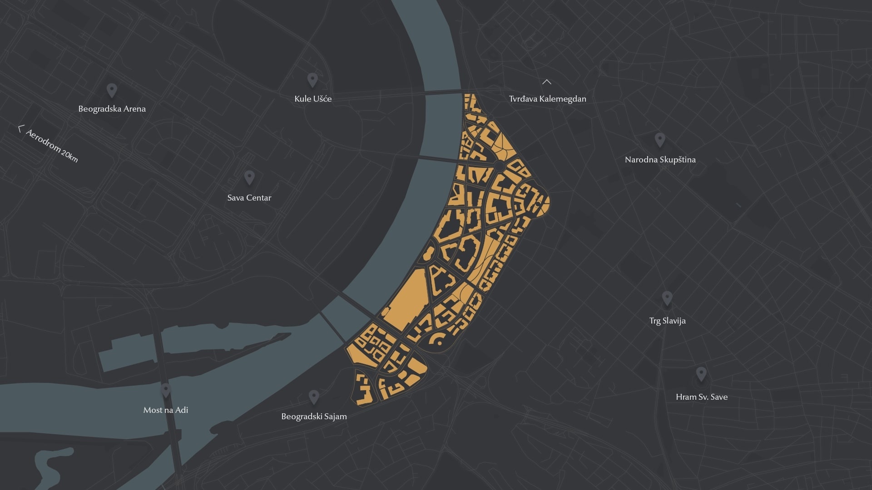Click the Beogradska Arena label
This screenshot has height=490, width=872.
click(x=112, y=109)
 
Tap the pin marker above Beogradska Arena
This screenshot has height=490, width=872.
click(x=112, y=90)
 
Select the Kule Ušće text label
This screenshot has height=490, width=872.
click(x=313, y=99)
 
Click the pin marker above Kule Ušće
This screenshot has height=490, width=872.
click(x=312, y=79)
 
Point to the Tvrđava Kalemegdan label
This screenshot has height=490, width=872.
click(x=547, y=99)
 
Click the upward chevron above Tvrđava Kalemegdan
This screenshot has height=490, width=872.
click(x=547, y=82)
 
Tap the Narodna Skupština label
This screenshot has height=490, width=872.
click(x=660, y=160)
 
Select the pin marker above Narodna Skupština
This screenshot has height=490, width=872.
click(x=660, y=139)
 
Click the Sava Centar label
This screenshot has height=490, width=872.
click(x=249, y=198)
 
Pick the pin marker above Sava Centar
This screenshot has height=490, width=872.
click(x=249, y=177)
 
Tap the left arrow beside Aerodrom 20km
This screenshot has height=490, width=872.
click(x=20, y=129)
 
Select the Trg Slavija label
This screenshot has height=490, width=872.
click(x=667, y=321)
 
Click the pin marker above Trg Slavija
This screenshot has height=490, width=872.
click(x=667, y=298)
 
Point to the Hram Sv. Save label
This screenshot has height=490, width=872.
click(x=701, y=397)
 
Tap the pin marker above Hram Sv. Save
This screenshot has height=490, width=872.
click(x=701, y=374)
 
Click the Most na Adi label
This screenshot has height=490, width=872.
click(x=165, y=410)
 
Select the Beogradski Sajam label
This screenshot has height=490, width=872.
click(x=314, y=416)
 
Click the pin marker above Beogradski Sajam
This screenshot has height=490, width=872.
click(x=313, y=397)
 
